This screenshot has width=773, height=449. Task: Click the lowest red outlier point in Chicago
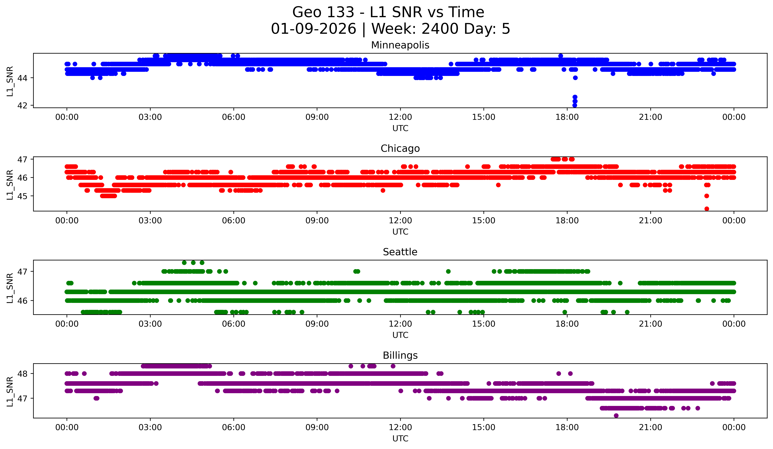pos(707,209)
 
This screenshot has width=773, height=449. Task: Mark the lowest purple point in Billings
pos(616,416)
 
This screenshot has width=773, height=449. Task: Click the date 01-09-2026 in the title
pos(313,29)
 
